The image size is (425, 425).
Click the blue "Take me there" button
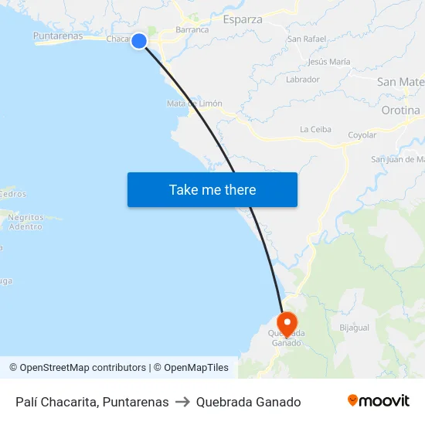coord(212,189)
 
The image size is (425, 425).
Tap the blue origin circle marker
coord(139,41)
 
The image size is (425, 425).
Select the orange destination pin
coord(287,322)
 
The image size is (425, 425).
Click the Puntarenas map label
coord(58,36)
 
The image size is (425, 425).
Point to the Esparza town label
coord(242,19)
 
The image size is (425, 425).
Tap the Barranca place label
coord(192,30)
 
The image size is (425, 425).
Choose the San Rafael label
coord(306,38)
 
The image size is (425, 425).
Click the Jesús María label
coord(328,62)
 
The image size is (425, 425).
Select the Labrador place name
coord(302,79)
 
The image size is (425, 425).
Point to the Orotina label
coord(400,110)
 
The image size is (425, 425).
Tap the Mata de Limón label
coord(195,104)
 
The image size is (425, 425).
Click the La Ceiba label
coord(315,129)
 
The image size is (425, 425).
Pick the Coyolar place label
coord(362,135)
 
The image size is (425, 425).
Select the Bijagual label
coord(354,327)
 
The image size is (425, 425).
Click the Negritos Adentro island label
coord(25,222)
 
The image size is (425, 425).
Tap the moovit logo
coord(378,401)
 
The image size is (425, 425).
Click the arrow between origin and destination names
coord(182,402)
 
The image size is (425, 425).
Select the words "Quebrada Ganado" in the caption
coord(248,402)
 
